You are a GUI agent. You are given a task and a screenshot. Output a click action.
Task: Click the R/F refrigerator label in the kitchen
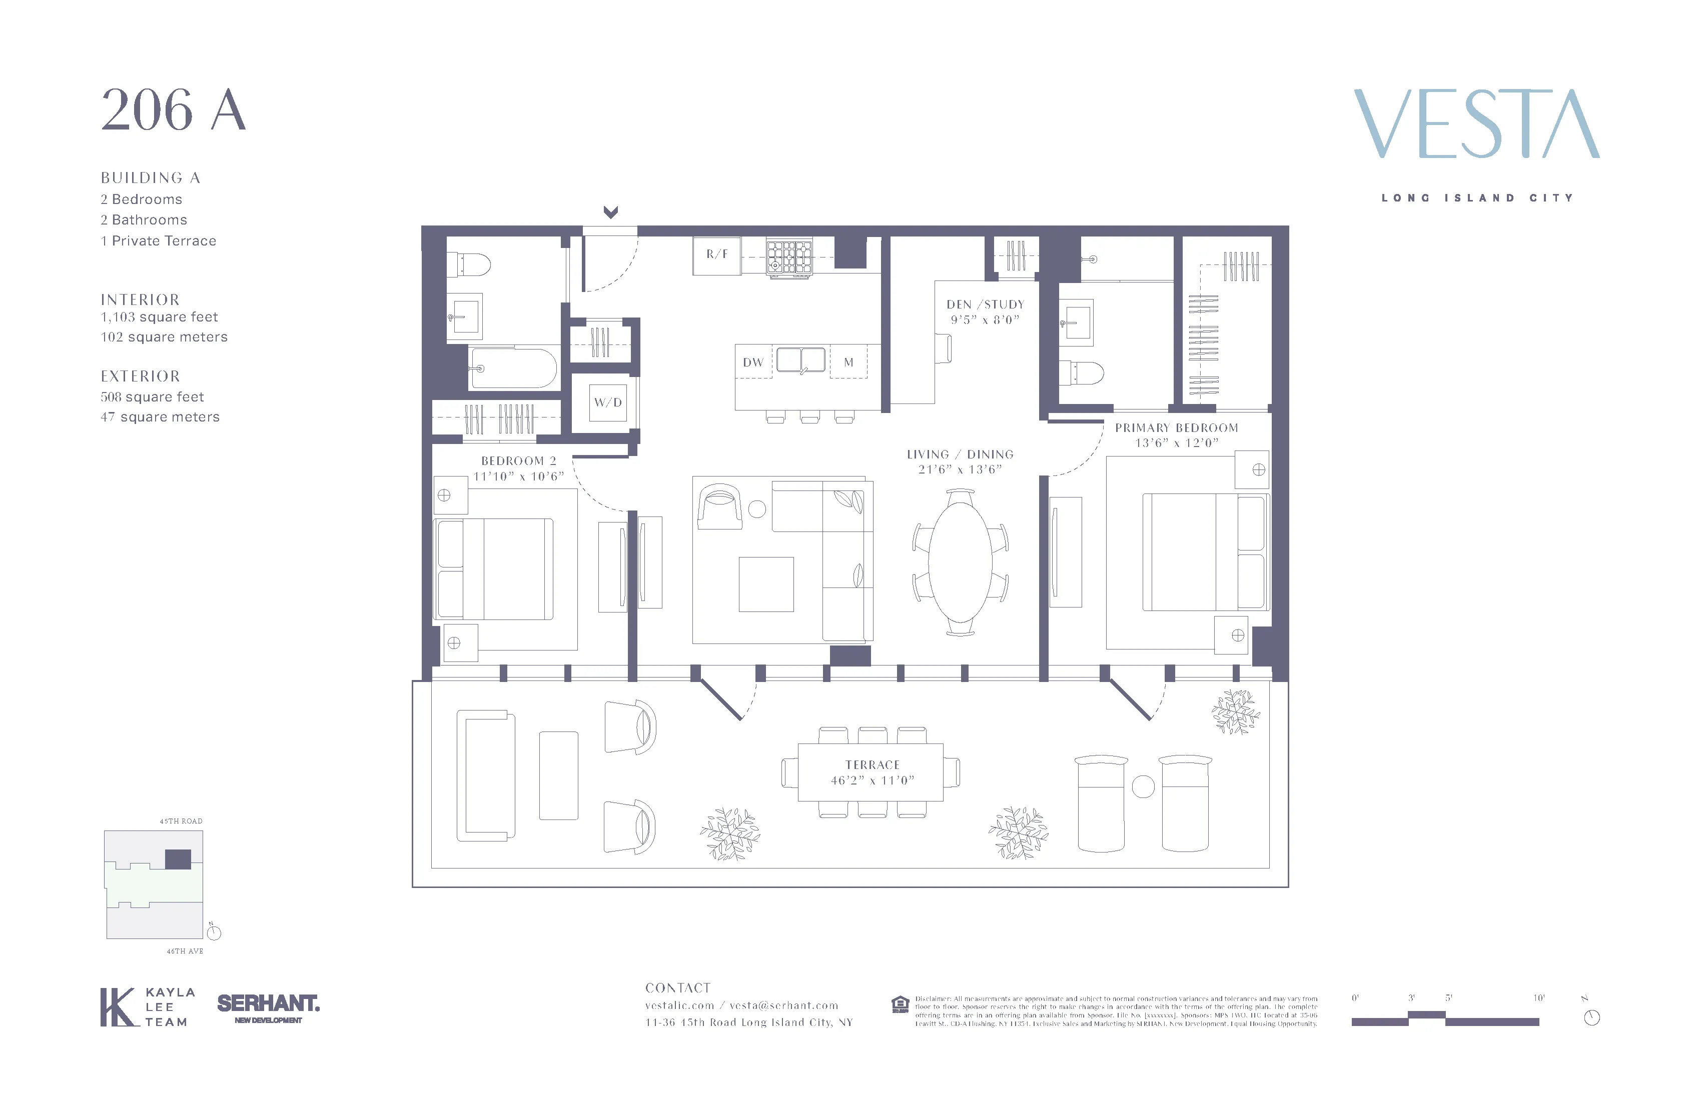click(717, 254)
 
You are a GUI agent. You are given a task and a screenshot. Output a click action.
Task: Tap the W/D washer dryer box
click(607, 402)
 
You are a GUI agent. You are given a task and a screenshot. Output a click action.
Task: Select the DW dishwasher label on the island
click(752, 362)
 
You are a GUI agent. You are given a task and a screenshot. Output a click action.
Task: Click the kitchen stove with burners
click(789, 257)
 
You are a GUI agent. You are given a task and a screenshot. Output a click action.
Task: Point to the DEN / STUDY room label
click(985, 304)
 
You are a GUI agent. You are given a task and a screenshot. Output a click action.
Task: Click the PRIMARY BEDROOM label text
click(1176, 428)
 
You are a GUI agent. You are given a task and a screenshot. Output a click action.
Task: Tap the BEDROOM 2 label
click(518, 460)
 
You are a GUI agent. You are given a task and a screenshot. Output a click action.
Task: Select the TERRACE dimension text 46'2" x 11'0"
click(872, 780)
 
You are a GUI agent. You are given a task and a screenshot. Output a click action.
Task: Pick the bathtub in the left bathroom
click(513, 368)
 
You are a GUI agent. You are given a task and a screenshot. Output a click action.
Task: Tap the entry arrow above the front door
click(610, 212)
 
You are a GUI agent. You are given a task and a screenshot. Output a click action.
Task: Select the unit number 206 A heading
click(174, 110)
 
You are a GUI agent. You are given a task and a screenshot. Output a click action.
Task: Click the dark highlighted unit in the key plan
click(178, 859)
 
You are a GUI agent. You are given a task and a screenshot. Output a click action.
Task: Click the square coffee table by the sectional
click(766, 584)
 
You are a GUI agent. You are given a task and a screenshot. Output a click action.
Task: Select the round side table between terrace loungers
click(1143, 786)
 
